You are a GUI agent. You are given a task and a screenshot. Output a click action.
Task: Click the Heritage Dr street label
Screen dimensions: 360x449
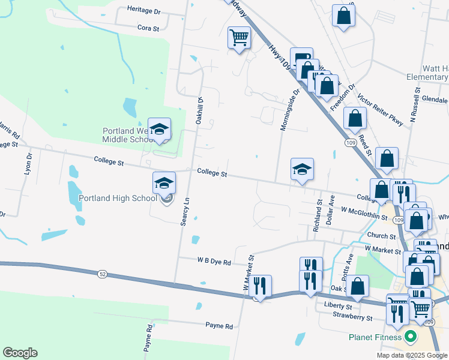(144, 10)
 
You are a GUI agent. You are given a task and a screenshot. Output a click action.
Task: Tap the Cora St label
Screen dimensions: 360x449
(148, 28)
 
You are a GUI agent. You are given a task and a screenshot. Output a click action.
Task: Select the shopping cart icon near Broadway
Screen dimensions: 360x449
(239, 38)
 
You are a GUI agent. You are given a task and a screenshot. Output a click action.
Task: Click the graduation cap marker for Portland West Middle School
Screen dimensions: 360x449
(159, 129)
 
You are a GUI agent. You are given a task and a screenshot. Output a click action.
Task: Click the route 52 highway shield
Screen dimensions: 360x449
(102, 274)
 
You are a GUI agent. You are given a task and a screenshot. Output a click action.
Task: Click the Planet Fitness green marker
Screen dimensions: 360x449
(411, 337)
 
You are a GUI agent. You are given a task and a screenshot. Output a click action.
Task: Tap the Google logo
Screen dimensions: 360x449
(20, 353)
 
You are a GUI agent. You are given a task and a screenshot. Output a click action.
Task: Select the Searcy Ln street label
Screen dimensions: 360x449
(185, 212)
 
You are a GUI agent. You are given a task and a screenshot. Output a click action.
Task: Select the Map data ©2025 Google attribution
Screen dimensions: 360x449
(412, 355)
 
